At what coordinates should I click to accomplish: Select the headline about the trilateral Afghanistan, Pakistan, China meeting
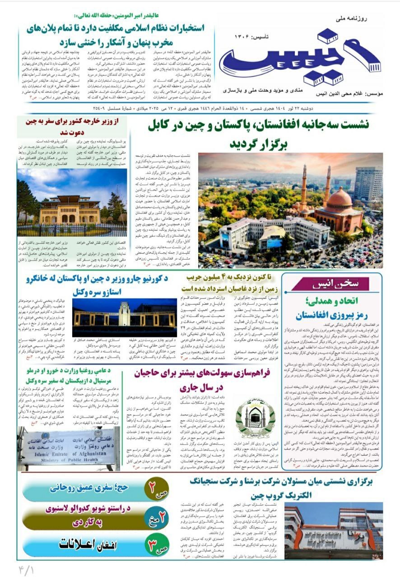pos(265,134)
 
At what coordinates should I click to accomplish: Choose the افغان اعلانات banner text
pos(86,544)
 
